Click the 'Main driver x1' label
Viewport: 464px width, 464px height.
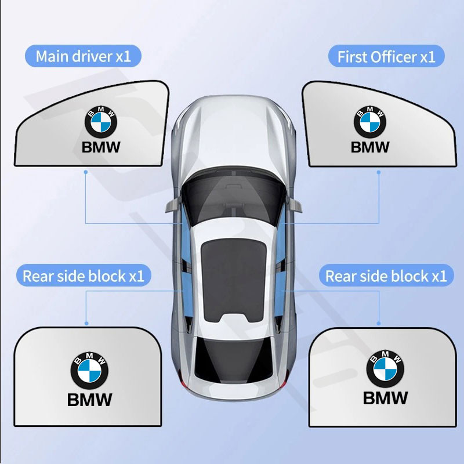(x=83, y=56)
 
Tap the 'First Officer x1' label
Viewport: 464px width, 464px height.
(x=386, y=56)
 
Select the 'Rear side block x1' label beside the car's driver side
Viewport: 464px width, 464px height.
(x=84, y=276)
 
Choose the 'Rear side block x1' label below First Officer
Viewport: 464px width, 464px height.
(x=386, y=276)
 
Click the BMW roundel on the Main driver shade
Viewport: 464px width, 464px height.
(x=101, y=122)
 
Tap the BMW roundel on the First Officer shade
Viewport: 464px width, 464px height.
(x=370, y=122)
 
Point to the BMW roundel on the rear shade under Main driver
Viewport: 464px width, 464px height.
(x=89, y=371)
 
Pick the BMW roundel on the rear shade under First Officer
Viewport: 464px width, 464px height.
(x=385, y=369)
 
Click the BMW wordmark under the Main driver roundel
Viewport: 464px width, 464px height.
(x=101, y=147)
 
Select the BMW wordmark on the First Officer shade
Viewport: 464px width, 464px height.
(x=370, y=147)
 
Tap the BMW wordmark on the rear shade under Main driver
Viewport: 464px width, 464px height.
(x=90, y=400)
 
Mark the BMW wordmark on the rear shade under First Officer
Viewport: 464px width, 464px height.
(x=385, y=398)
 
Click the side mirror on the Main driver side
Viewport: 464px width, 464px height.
(x=173, y=205)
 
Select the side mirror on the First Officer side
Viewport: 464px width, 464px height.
(x=294, y=205)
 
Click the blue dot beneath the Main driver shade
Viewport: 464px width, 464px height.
(x=85, y=172)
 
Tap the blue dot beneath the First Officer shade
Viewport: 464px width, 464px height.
(x=379, y=172)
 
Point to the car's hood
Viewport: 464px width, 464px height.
(x=234, y=133)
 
